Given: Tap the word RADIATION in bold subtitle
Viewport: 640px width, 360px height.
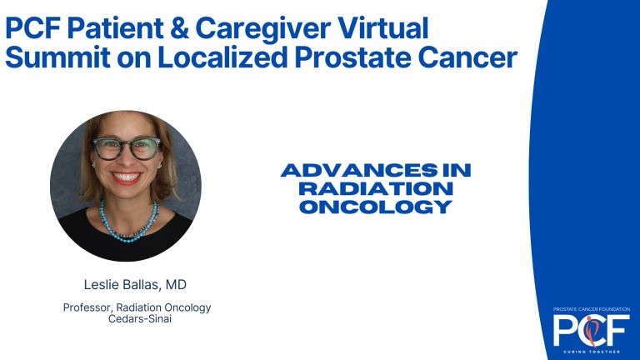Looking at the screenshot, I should click(375, 188).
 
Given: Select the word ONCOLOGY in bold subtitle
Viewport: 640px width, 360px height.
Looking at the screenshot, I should click(375, 206).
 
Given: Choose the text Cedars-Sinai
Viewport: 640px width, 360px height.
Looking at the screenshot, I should click(137, 320).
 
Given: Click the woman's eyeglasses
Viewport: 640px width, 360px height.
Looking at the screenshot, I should click(127, 148).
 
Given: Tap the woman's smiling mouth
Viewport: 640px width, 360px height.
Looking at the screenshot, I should click(127, 177).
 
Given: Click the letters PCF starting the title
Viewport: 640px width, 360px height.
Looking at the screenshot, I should click(32, 27).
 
